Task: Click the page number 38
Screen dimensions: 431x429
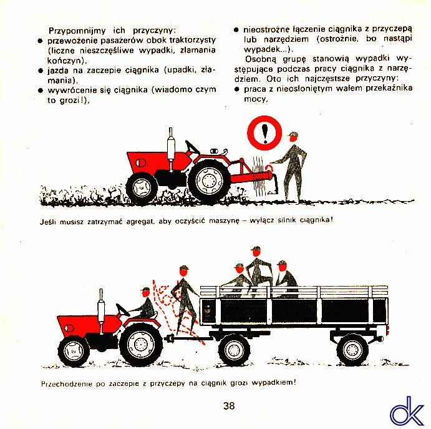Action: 229,406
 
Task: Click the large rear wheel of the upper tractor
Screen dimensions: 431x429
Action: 209,181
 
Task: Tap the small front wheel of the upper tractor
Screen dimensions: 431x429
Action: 142,188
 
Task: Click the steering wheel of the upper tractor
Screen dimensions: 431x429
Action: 192,147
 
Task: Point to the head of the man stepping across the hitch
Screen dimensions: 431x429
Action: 184,271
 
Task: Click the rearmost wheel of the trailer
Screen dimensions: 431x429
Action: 352,349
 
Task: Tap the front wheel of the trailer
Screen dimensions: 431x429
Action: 234,349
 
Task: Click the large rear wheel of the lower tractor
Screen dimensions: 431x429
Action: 142,343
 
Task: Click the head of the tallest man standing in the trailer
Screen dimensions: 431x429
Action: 256,252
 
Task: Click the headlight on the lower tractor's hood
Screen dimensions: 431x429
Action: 68,328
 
